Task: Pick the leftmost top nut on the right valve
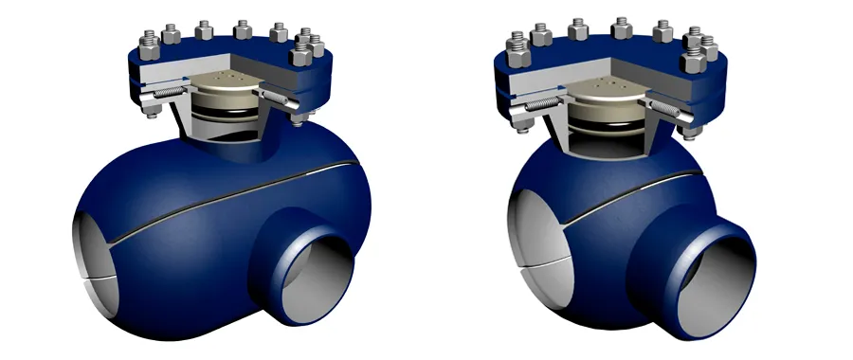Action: click(518, 42)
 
